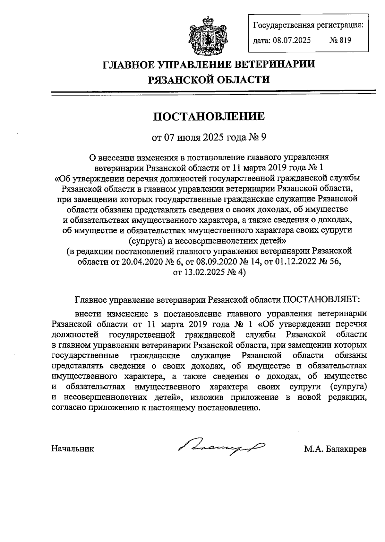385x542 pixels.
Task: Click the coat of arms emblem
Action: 205,36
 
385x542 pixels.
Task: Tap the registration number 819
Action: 345,40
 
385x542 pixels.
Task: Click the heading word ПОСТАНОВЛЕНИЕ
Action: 209,116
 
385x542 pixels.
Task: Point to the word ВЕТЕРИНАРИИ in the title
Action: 273,64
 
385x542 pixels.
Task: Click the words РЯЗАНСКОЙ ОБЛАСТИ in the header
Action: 209,79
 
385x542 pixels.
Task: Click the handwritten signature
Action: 221,447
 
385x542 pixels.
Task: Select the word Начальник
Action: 73,449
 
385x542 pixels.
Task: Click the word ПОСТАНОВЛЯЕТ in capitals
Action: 321,299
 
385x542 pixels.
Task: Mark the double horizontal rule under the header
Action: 213,93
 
